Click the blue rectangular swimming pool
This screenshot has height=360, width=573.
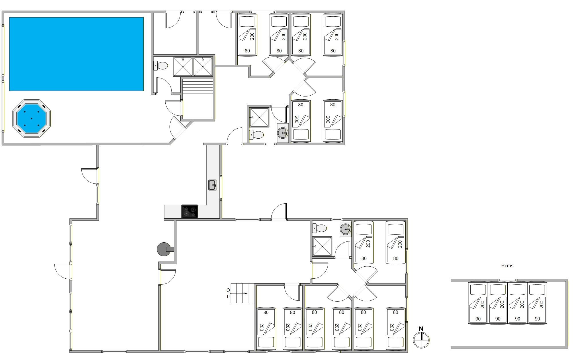click(x=76, y=54)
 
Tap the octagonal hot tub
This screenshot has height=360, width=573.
click(x=32, y=118)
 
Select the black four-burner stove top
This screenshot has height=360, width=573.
click(x=189, y=211)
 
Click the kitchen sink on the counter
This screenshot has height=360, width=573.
click(x=212, y=185)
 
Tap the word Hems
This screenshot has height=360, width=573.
click(x=507, y=265)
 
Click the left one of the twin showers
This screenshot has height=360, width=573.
click(x=183, y=66)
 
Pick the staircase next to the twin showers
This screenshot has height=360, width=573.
click(x=198, y=99)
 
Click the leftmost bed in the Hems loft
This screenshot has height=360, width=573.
click(x=478, y=303)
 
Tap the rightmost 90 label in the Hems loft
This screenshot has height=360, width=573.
click(x=537, y=319)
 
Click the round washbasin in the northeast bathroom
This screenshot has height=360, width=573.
click(x=283, y=133)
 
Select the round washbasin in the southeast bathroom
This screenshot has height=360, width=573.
click(x=346, y=229)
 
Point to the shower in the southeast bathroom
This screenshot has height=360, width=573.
click(x=322, y=246)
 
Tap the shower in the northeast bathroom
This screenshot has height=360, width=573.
click(x=259, y=117)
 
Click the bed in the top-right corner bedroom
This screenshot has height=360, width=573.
click(x=333, y=34)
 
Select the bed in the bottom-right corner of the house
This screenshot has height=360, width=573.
click(x=396, y=329)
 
